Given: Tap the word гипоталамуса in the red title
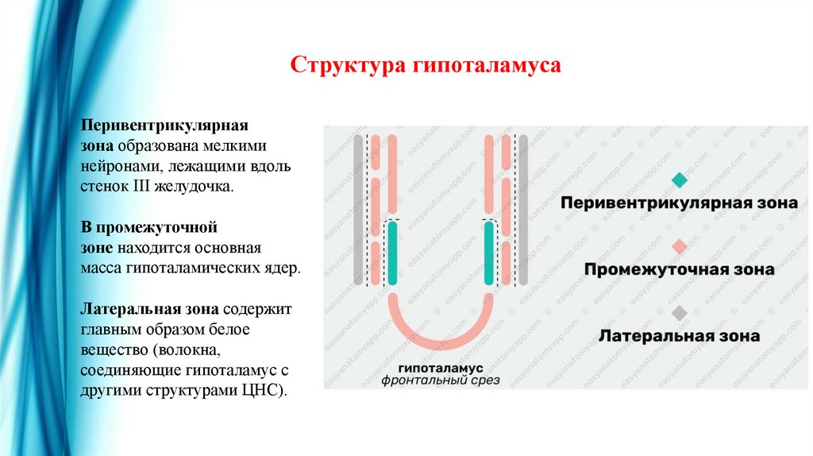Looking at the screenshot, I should tap(485, 64).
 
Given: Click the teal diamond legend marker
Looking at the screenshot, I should tap(679, 180).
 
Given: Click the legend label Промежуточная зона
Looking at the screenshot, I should tap(679, 269).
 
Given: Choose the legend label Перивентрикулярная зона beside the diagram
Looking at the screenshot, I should tap(679, 203).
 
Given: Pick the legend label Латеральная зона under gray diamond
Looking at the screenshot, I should tap(679, 335).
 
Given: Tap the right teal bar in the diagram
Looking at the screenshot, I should tap(489, 253).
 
